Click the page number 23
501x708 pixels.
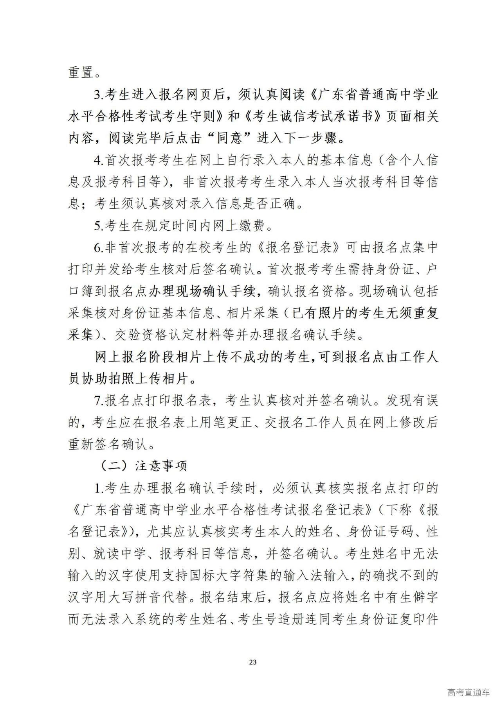point(252,662)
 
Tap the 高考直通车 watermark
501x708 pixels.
point(468,693)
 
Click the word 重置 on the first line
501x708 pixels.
point(81,72)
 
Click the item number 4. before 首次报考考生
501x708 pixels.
point(99,160)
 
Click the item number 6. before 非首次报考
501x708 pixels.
point(99,247)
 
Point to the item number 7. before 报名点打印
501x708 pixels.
point(99,400)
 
